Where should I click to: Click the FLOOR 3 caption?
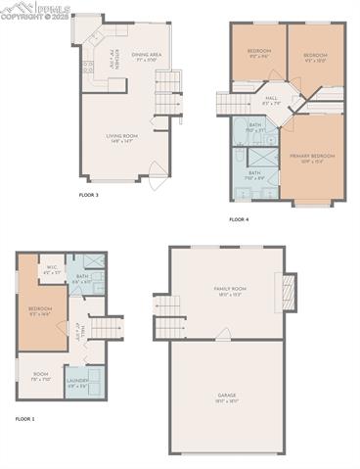pyautogui.click(x=89, y=195)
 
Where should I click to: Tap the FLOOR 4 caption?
pyautogui.click(x=240, y=220)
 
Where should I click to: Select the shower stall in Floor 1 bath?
pyautogui.click(x=94, y=261)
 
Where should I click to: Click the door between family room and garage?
pyautogui.click(x=224, y=335)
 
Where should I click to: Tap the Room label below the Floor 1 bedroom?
pyautogui.click(x=40, y=375)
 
